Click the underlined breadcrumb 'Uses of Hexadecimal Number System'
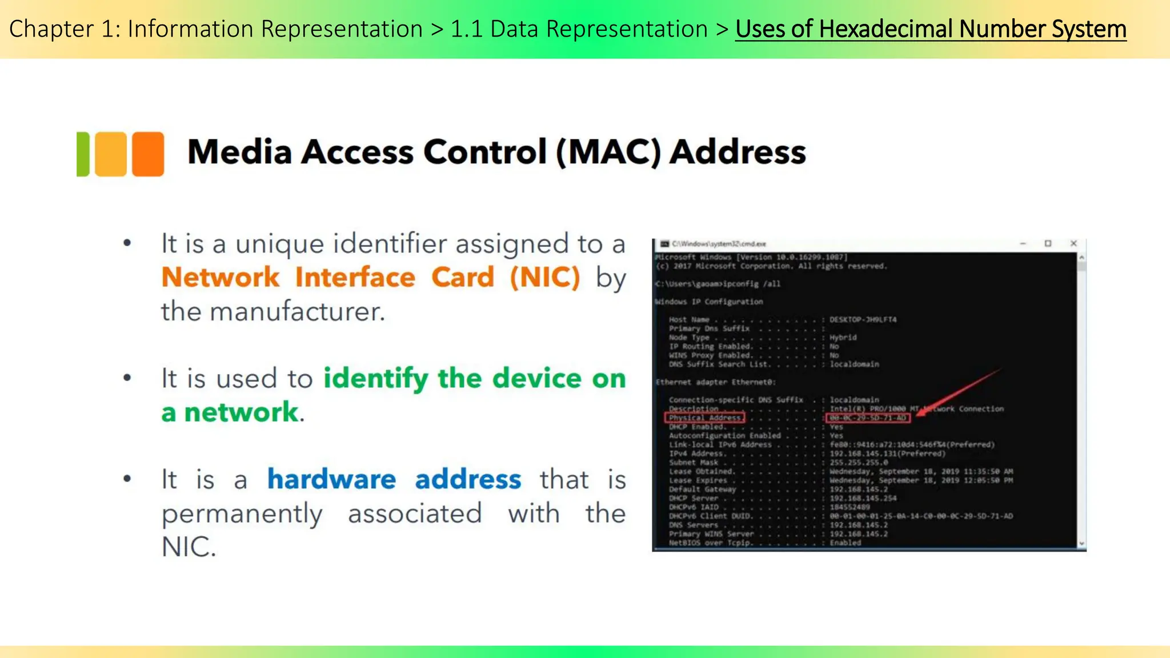931,29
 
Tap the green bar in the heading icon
83,154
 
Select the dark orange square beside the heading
148,154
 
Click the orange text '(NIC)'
545,278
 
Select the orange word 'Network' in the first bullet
221,278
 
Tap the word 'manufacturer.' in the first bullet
297,312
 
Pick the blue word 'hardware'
331,479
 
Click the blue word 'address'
468,479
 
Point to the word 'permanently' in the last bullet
242,513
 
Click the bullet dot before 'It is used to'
127,378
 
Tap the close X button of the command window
1073,243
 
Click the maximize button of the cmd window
1048,243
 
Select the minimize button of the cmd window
1023,243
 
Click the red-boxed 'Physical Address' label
705,418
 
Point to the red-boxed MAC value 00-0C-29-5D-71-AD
868,418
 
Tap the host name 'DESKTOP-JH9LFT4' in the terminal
863,319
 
